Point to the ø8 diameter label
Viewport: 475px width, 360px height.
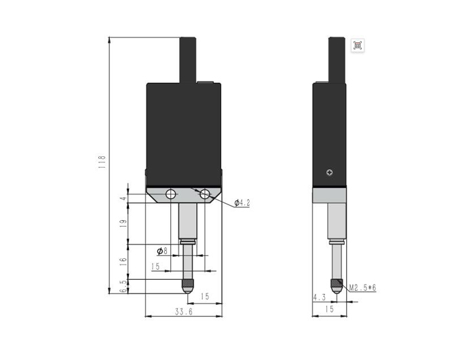[x=161, y=251]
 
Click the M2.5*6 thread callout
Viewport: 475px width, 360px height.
[x=363, y=288]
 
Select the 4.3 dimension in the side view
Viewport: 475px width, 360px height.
[x=319, y=297]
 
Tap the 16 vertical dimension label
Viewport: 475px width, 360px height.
[x=123, y=262]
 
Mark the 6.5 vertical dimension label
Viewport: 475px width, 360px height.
[x=123, y=285]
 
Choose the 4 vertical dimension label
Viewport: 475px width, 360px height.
[x=123, y=198]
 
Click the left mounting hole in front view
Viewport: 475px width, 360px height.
[x=170, y=195]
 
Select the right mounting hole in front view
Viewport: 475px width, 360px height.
[x=205, y=195]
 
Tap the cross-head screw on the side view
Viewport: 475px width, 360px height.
[x=330, y=172]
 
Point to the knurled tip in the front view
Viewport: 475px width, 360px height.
[x=187, y=284]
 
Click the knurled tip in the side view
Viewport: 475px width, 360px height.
[x=336, y=284]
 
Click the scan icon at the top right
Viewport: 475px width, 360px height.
[x=358, y=46]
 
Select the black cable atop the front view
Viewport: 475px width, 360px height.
[x=188, y=60]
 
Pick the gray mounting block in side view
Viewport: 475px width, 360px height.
[x=330, y=194]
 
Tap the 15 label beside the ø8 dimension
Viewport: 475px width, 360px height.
[x=155, y=267]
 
